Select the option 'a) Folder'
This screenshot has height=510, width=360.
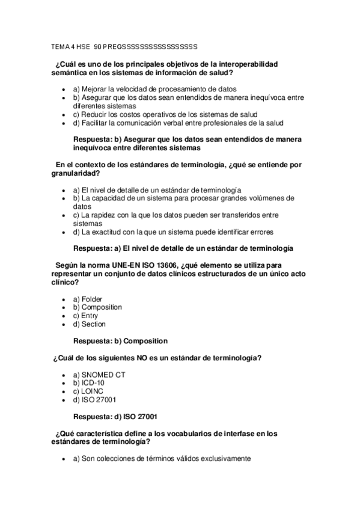[88, 299]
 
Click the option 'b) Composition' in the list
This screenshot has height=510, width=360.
[97, 307]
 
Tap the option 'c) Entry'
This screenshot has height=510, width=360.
[85, 316]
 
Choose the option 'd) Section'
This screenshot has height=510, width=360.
[89, 324]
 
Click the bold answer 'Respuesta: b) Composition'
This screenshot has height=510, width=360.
[120, 341]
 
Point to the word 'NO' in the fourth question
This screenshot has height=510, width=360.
[142, 358]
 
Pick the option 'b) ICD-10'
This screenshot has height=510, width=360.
[90, 382]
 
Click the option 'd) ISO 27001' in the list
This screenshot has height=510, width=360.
[94, 399]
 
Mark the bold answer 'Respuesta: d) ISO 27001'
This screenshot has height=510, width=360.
[115, 416]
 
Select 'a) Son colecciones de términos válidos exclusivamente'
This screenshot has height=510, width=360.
[161, 458]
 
